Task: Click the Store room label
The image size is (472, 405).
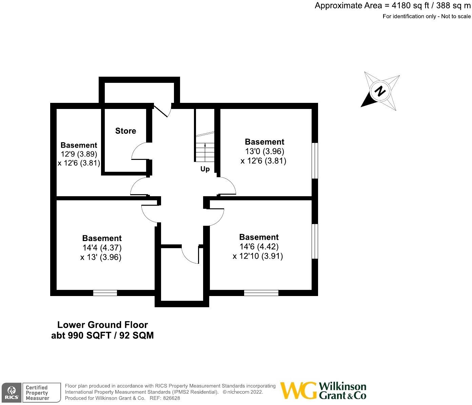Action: (x=125, y=131)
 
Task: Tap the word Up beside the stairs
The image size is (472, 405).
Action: (x=205, y=169)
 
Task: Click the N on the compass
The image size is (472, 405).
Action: (x=380, y=91)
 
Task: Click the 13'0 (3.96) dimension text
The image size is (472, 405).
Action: (x=264, y=151)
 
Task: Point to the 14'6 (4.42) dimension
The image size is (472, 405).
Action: (x=259, y=247)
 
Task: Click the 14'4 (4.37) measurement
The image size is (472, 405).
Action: (x=102, y=248)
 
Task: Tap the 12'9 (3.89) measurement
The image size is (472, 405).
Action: (x=79, y=154)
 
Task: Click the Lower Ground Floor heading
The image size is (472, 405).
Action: (x=102, y=325)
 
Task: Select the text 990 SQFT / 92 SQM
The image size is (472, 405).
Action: (x=111, y=335)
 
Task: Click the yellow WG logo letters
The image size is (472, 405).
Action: (x=298, y=391)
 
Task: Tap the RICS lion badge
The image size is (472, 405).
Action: (x=12, y=393)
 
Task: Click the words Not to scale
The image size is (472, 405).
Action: (x=456, y=16)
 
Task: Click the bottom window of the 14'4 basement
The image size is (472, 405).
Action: (x=105, y=293)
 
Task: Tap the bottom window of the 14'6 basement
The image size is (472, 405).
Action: (x=261, y=293)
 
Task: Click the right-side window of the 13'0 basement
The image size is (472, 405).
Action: (x=315, y=160)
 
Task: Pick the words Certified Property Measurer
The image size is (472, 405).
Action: (x=37, y=393)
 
